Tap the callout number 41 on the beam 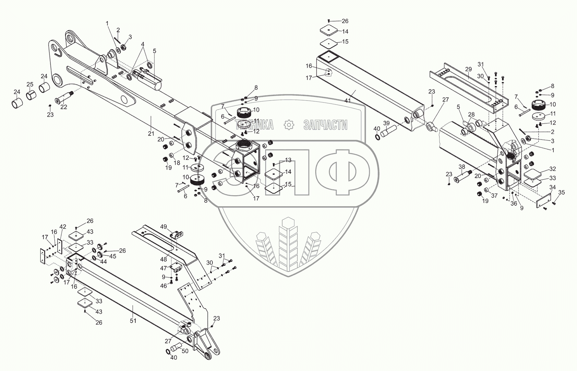pyautogui.click(x=348, y=101)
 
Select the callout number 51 pyautogui.click(x=133, y=321)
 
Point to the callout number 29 pyautogui.click(x=468, y=69)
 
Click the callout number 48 pyautogui.click(x=163, y=259)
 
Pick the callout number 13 pyautogui.click(x=288, y=160)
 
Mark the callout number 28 pyautogui.click(x=471, y=114)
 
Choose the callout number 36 pyautogui.click(x=514, y=204)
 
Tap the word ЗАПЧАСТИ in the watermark pyautogui.click(x=325, y=125)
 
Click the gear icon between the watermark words pyautogui.click(x=288, y=125)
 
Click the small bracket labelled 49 pyautogui.click(x=177, y=234)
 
